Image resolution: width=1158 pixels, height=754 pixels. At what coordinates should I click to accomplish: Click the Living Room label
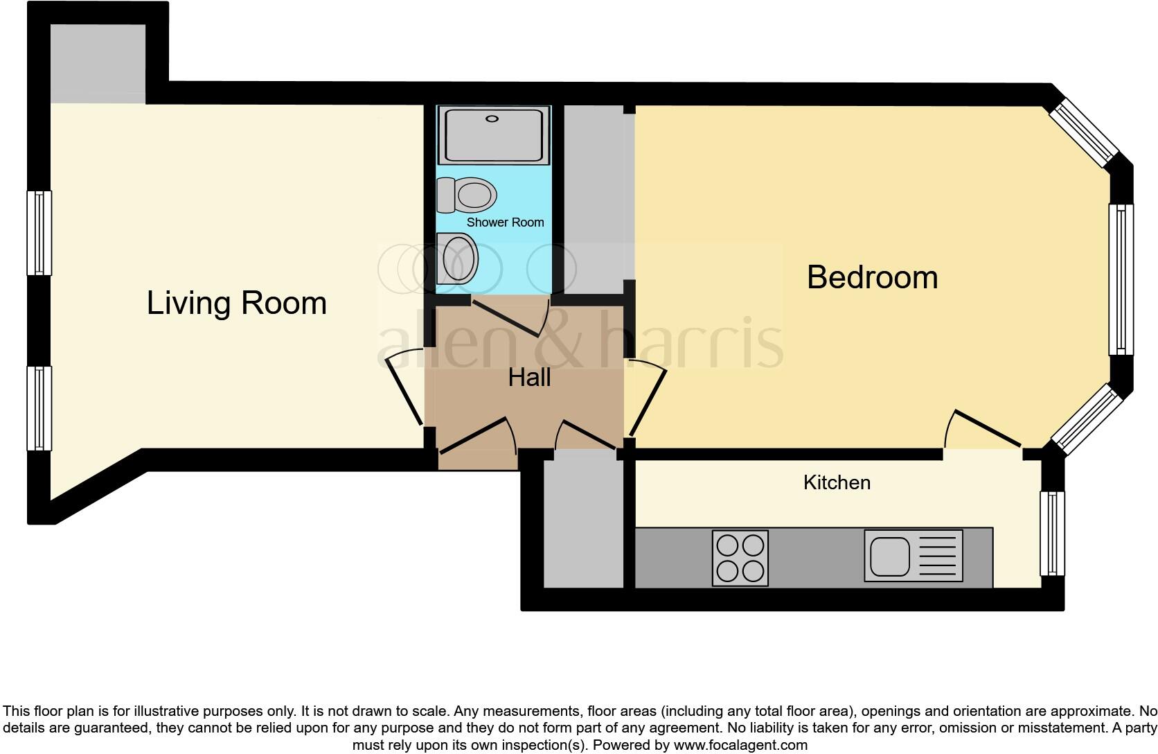236,304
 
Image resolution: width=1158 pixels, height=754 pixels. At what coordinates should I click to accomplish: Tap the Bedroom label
872,277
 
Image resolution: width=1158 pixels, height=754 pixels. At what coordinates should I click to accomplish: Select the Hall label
529,378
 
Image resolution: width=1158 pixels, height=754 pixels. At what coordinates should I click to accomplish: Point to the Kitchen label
837,482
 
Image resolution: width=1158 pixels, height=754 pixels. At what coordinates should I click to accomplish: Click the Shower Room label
505,222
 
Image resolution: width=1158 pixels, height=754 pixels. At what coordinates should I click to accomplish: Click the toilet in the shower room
467,195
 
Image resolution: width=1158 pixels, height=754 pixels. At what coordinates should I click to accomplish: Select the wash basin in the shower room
458,258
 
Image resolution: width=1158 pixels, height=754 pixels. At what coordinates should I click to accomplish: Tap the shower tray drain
492,119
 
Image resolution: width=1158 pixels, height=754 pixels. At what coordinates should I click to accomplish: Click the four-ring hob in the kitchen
740,558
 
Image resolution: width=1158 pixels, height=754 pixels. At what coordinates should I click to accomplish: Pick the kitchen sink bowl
890,556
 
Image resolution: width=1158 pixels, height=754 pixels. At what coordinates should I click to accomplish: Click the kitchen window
1052,533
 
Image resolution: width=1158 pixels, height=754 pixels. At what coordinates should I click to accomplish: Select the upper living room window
39,233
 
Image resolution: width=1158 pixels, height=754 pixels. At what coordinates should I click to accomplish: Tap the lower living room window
39,408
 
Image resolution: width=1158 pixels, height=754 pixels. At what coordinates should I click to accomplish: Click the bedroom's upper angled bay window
1083,134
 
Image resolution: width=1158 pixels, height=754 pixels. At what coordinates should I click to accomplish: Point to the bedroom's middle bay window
1121,279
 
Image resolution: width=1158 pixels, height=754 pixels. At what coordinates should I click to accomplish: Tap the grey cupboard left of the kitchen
583,520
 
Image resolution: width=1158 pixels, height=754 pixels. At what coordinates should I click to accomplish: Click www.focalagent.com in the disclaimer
740,746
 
